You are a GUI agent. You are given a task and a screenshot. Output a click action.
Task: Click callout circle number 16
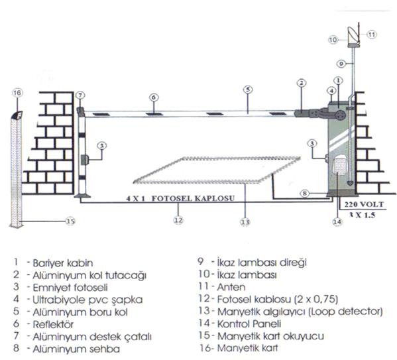tap(17, 93)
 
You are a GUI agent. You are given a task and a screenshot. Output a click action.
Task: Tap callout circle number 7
tap(80, 95)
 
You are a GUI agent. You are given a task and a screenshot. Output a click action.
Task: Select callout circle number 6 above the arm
tap(154, 97)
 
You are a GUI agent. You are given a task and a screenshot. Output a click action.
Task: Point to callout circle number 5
tap(248, 90)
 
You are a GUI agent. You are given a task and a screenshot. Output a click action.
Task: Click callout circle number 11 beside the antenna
tap(372, 34)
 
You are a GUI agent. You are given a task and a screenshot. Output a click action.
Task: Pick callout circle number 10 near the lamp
tap(333, 40)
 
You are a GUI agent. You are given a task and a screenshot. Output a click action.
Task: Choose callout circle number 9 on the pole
tap(341, 64)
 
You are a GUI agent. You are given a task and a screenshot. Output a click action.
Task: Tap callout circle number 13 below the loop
tap(245, 222)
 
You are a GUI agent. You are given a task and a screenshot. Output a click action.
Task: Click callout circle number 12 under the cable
tap(178, 220)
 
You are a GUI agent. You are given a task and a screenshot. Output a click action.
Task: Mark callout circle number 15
tap(70, 221)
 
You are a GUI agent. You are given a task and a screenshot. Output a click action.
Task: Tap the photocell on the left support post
tap(85, 160)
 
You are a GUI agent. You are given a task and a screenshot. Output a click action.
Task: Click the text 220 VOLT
tap(364, 204)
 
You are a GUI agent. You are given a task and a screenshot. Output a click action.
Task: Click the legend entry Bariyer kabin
tap(63, 263)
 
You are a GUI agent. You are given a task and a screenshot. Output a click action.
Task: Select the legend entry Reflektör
tap(53, 324)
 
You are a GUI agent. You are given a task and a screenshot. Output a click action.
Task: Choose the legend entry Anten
tap(231, 287)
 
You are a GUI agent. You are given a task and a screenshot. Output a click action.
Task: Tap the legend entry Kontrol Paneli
tap(249, 324)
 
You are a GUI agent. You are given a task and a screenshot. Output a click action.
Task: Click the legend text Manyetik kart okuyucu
tap(270, 336)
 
